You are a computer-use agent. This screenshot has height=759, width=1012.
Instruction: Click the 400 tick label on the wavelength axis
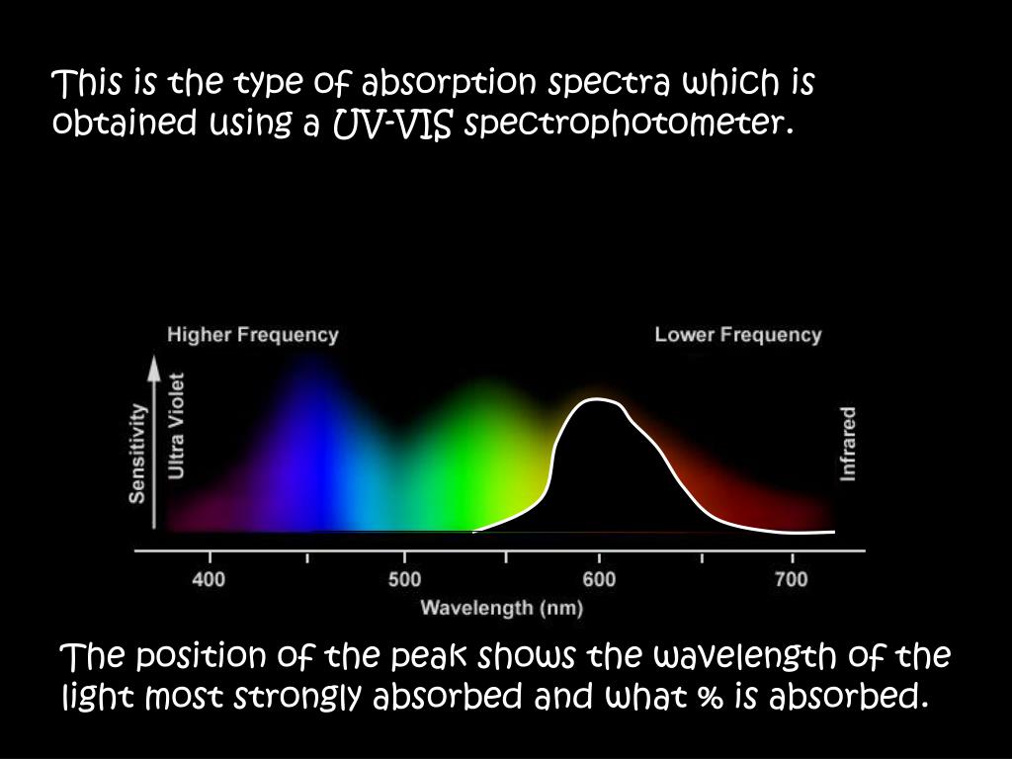209,579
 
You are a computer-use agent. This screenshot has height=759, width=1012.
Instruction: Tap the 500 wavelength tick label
404,579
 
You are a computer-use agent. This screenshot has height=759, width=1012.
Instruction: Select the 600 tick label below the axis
599,579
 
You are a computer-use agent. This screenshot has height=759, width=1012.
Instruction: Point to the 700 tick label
792,579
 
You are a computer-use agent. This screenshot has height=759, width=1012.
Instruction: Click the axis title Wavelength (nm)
501,608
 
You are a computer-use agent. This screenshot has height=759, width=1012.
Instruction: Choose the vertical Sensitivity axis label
136,453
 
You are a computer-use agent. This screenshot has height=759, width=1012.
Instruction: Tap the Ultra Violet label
176,426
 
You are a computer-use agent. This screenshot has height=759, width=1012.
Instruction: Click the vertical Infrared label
848,444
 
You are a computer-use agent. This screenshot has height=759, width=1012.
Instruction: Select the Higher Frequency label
252,335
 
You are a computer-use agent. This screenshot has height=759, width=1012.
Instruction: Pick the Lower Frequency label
737,335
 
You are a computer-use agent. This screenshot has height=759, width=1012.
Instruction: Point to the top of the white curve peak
596,399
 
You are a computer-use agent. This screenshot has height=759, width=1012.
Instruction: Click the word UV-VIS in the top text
391,124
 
